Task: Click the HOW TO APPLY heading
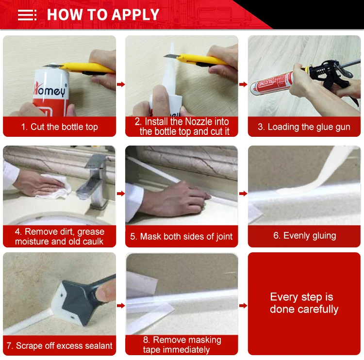pos(103,15)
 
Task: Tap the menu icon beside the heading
pos(27,15)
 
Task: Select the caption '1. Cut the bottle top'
pos(59,127)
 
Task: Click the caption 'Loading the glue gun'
pos(309,127)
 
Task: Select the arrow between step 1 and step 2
pos(121,84)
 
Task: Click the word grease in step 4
pos(91,231)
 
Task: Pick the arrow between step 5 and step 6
pos(243,194)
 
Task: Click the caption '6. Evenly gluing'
pos(305,236)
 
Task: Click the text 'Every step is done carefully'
pos(304,303)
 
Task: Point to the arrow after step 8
pos(243,306)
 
